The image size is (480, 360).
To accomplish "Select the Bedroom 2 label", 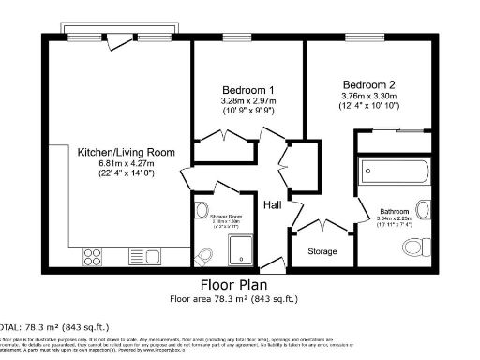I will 367,83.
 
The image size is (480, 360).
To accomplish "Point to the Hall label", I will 273,205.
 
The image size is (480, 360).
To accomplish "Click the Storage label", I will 323,251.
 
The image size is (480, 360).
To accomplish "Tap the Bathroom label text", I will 394,212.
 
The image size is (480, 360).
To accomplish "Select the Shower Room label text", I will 226,217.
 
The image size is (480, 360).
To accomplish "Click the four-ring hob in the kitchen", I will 95,253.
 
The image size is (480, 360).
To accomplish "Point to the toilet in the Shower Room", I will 207,255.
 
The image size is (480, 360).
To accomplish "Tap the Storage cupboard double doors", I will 323,226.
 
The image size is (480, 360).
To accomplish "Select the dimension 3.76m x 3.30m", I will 367,95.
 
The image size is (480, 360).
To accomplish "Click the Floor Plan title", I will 239,285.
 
